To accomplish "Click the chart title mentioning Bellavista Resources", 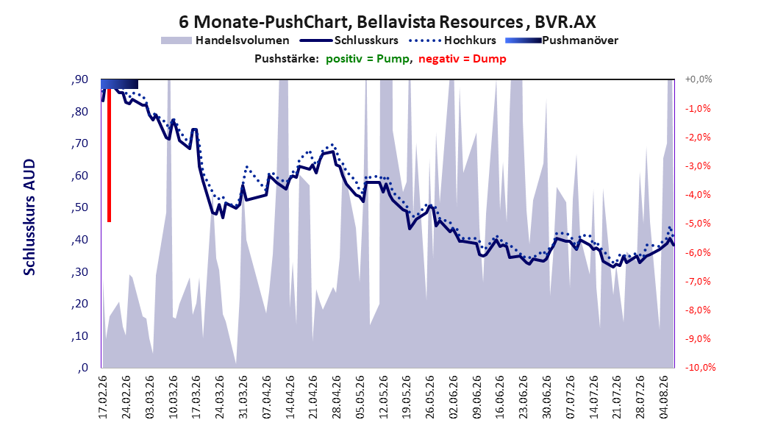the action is pyautogui.click(x=387, y=22).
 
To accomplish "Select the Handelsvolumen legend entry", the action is pyautogui.click(x=225, y=40).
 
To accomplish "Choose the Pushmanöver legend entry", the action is pyautogui.click(x=562, y=40).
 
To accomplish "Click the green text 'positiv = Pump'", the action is pyautogui.click(x=368, y=59).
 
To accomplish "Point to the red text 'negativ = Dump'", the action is pyautogui.click(x=463, y=59).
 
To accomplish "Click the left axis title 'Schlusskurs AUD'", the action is pyautogui.click(x=29, y=218).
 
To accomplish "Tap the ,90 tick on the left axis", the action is pyautogui.click(x=79, y=79).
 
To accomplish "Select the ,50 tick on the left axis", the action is pyautogui.click(x=79, y=207).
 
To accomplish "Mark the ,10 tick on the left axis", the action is pyautogui.click(x=79, y=336).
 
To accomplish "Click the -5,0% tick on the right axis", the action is pyautogui.click(x=698, y=224).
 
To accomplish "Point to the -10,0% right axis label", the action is pyautogui.click(x=700, y=367).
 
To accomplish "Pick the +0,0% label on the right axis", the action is pyautogui.click(x=699, y=79).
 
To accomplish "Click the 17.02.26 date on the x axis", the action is pyautogui.click(x=103, y=397).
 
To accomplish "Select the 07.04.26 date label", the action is pyautogui.click(x=267, y=397).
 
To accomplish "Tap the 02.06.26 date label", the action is pyautogui.click(x=454, y=397).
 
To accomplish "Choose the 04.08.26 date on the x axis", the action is pyautogui.click(x=664, y=397).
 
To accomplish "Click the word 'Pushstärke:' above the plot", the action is pyautogui.click(x=287, y=59).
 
